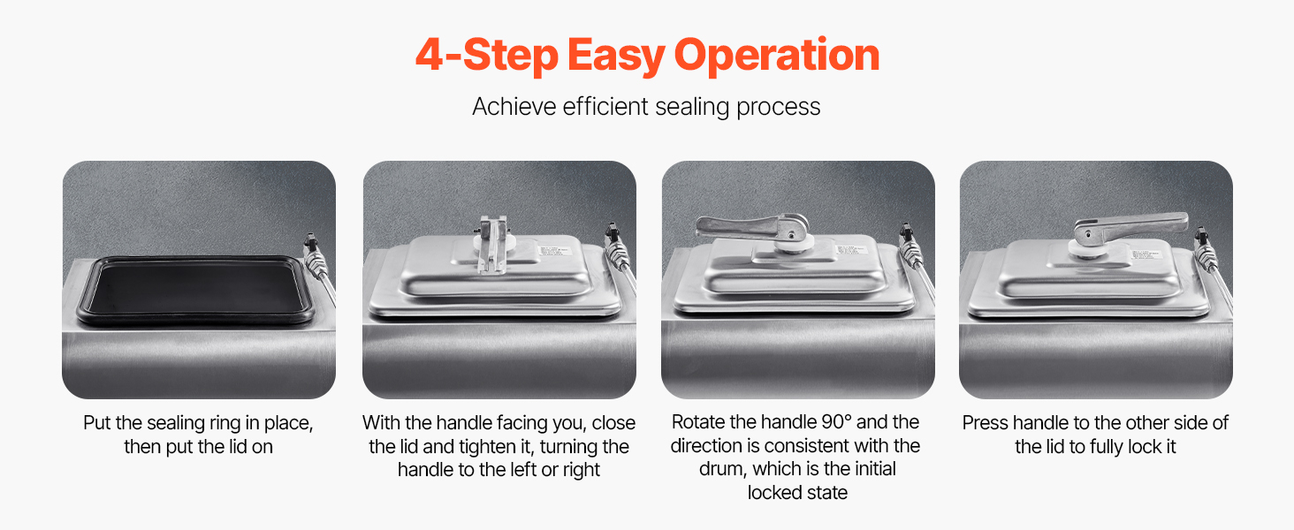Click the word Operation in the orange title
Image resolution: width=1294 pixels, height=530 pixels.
click(776, 55)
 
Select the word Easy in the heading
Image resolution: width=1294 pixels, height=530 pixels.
click(616, 56)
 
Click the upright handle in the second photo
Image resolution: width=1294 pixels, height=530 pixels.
click(494, 244)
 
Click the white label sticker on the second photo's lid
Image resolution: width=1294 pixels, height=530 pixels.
click(552, 251)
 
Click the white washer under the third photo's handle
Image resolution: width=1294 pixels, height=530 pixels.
click(794, 244)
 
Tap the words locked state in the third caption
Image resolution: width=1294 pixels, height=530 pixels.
click(797, 493)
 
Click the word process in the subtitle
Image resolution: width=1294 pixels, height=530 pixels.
click(778, 108)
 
